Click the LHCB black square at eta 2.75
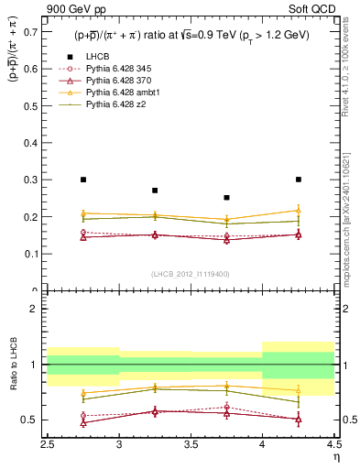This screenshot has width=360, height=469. [x=83, y=180]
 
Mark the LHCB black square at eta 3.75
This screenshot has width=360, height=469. [x=226, y=197]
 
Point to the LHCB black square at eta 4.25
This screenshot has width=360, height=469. [x=299, y=180]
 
